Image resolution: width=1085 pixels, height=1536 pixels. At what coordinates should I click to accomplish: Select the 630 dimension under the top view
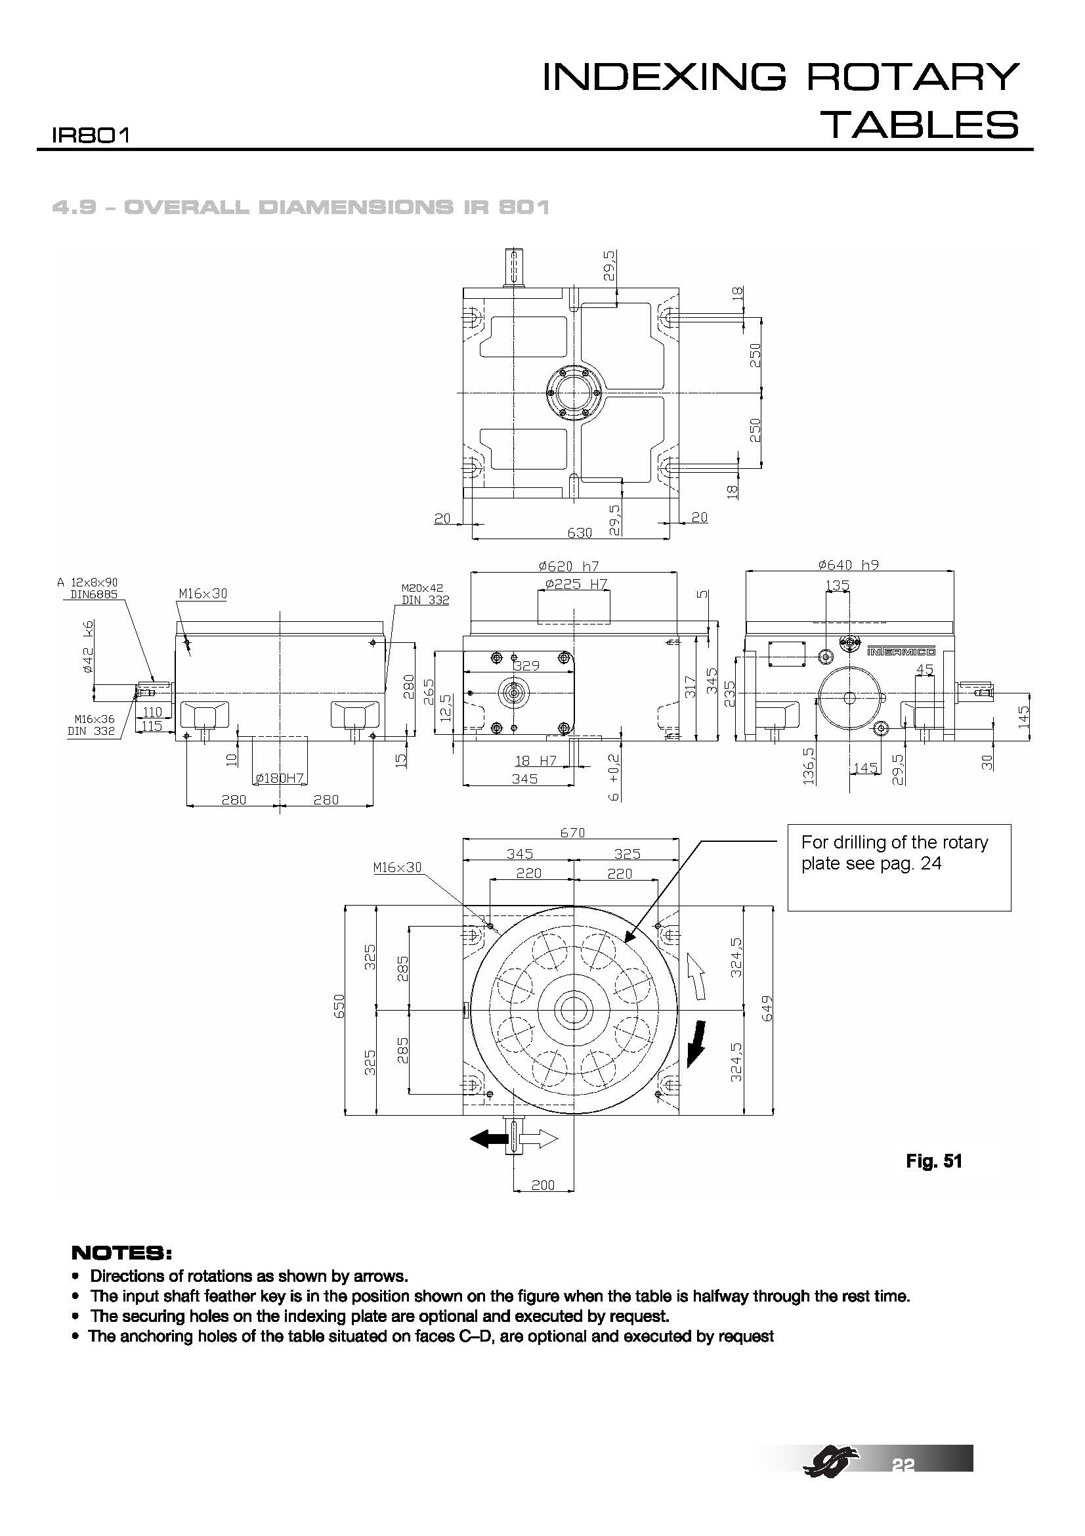580,533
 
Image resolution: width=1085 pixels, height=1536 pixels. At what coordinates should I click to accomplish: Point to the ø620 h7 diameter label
572,566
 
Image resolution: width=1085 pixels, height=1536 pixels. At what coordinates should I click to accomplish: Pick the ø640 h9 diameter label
848,565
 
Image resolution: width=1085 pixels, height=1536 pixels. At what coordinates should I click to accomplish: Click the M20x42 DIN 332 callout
425,594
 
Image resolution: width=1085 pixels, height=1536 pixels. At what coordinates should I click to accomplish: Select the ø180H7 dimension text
280,778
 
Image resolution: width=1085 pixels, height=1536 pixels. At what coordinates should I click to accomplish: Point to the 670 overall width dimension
572,833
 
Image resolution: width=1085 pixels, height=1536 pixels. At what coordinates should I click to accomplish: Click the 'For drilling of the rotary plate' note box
899,867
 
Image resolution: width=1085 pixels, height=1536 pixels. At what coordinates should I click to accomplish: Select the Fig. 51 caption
933,1160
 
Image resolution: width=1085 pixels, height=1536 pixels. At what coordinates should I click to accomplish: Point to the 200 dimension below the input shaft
543,1185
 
